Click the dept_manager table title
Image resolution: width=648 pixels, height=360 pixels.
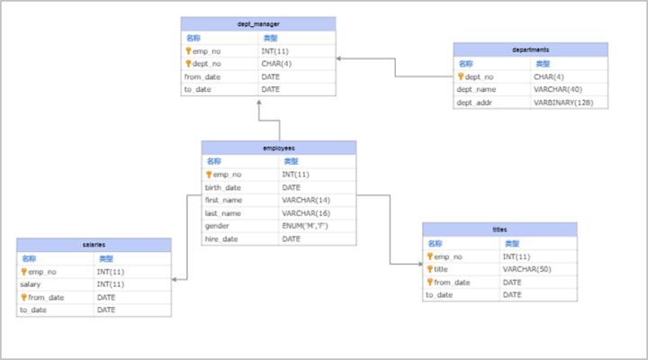tap(258, 24)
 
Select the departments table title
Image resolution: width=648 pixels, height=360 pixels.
tap(531, 49)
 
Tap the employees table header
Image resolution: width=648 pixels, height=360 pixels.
tap(279, 148)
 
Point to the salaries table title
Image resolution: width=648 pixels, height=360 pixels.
tap(94, 245)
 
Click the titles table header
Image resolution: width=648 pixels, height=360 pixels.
tap(499, 229)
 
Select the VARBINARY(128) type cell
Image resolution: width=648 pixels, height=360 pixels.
tap(563, 103)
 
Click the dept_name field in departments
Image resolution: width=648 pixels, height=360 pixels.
tap(476, 90)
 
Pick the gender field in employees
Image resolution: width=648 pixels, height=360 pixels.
tap(217, 226)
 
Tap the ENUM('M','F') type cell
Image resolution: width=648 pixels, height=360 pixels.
tap(305, 226)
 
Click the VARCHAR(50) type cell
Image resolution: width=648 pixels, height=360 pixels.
tap(526, 269)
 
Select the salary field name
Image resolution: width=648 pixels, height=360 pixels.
tap(31, 284)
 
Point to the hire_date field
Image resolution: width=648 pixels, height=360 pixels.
tap(221, 238)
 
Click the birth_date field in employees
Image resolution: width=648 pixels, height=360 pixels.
tap(223, 187)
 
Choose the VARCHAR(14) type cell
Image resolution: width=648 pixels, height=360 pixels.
tap(306, 201)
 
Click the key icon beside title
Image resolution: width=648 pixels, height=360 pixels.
tap(430, 269)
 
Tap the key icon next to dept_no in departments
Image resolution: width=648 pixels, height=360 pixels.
tap(461, 76)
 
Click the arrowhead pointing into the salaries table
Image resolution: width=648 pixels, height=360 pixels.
tap(174, 280)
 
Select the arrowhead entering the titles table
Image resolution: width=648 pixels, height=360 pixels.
tap(420, 264)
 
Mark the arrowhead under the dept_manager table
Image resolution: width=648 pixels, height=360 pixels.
tap(259, 102)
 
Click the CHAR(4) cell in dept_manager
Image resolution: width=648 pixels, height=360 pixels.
tap(276, 64)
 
